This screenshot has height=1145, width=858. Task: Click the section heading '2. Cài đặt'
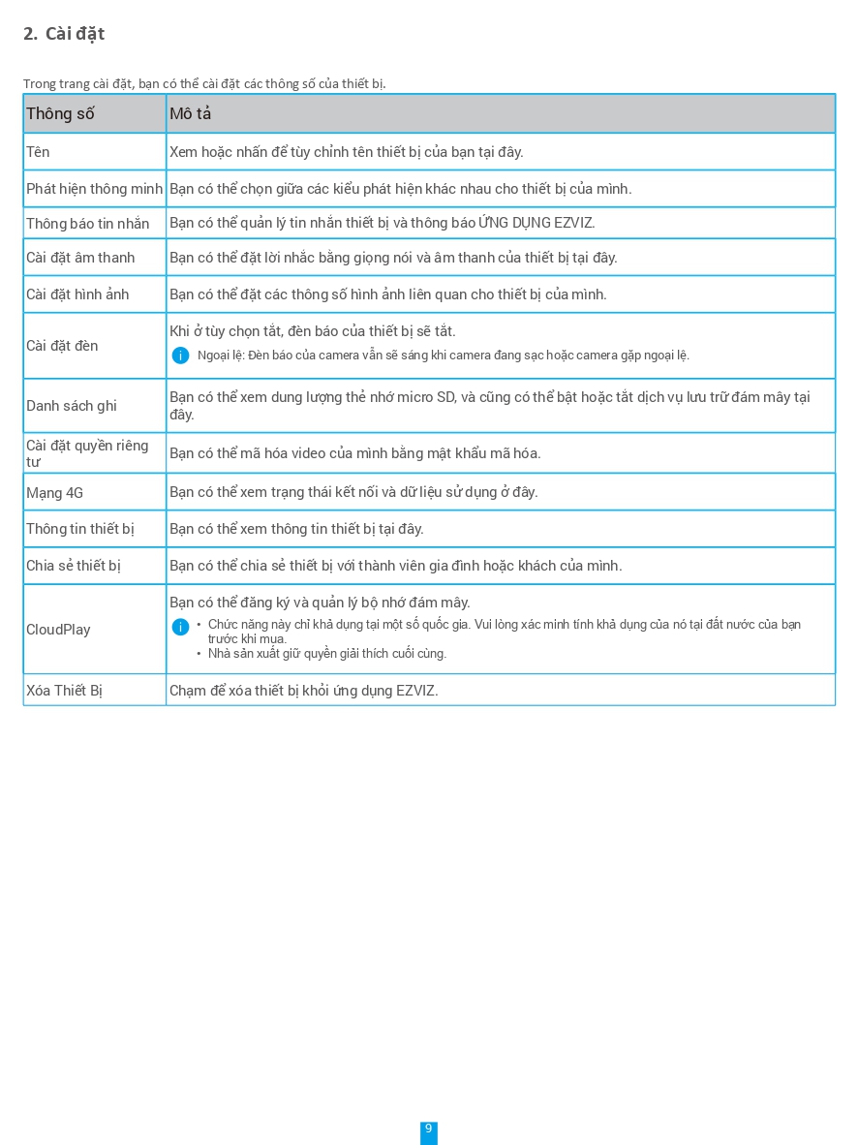64,34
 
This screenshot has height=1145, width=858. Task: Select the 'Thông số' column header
60,114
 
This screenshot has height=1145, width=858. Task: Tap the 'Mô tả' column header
190,114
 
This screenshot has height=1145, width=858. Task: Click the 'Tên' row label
38,152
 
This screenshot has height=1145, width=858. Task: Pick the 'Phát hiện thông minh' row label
94,189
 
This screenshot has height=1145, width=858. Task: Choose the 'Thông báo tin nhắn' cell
87,224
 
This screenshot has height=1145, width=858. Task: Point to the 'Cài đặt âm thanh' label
80,258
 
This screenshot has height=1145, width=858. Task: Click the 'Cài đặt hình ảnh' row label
77,294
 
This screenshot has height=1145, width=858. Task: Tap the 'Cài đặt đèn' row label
62,346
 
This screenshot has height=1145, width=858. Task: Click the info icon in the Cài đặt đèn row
180,356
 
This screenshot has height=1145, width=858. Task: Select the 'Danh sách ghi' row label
72,406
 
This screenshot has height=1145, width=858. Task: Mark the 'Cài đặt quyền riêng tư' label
87,453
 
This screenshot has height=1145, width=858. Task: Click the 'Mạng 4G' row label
54,493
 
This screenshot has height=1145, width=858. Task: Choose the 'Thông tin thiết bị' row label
80,529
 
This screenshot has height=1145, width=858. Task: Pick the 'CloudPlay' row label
58,630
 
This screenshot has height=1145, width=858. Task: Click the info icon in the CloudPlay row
180,627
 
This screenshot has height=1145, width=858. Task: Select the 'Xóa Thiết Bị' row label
64,691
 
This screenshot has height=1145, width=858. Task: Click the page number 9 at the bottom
428,1130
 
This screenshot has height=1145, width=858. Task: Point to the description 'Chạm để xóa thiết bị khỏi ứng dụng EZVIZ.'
304,691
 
